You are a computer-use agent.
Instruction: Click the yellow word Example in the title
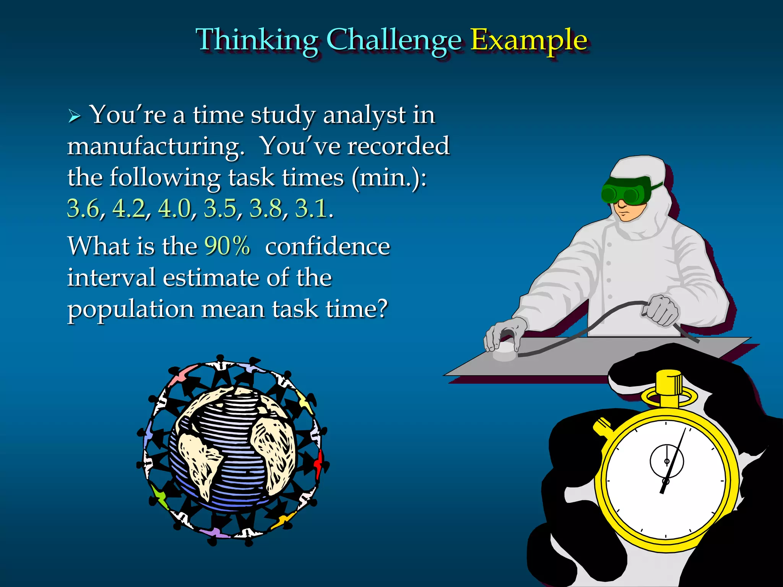pyautogui.click(x=528, y=40)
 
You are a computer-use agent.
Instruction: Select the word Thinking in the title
pyautogui.click(x=257, y=40)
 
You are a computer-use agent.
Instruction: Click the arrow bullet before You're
pyautogui.click(x=74, y=116)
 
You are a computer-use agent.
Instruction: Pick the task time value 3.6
pyautogui.click(x=83, y=209)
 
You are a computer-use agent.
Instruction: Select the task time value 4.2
pyautogui.click(x=129, y=209)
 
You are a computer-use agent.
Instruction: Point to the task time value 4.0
pyautogui.click(x=174, y=209)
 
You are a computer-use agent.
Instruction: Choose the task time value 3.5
pyautogui.click(x=220, y=209)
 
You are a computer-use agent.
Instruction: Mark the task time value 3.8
pyautogui.click(x=266, y=209)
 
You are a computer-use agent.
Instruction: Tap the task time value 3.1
pyautogui.click(x=311, y=209)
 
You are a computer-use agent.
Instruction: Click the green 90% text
pyautogui.click(x=227, y=246)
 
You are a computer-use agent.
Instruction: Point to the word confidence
pyautogui.click(x=328, y=246)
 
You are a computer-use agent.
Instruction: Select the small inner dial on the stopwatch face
pyautogui.click(x=667, y=461)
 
